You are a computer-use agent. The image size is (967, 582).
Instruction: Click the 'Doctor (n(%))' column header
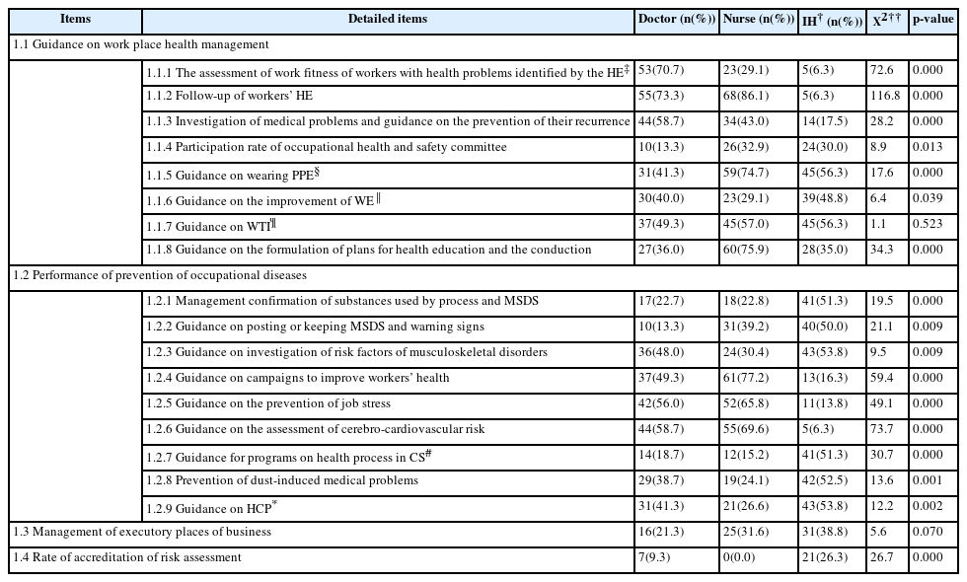point(676,20)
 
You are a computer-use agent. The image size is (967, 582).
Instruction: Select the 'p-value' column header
point(932,20)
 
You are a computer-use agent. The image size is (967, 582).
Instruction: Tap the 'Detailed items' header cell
point(388,20)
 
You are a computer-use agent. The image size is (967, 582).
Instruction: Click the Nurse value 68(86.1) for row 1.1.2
point(747,97)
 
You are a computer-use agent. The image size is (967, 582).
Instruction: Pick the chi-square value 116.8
point(885,97)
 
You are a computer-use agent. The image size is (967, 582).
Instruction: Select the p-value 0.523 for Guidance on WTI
point(927,225)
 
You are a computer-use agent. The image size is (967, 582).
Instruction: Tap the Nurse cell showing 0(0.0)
point(741,558)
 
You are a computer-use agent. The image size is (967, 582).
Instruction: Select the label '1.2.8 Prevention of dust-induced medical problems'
point(282,481)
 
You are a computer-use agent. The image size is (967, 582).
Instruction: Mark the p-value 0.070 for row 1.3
point(927,533)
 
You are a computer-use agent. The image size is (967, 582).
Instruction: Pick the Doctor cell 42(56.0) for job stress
point(662,404)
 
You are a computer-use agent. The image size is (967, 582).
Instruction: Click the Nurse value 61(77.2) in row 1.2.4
point(747,379)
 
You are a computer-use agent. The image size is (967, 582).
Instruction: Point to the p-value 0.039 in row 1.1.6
point(927,199)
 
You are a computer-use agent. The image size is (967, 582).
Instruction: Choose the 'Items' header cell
point(74,20)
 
